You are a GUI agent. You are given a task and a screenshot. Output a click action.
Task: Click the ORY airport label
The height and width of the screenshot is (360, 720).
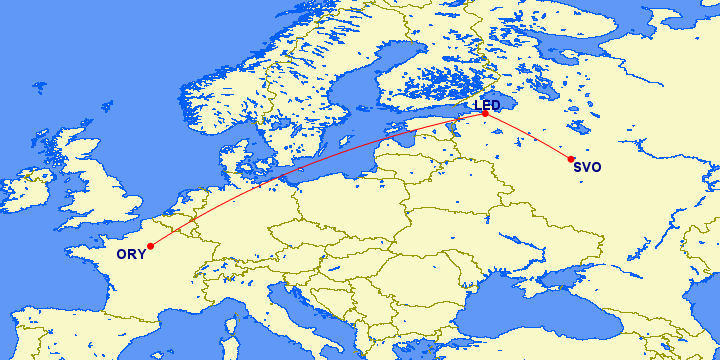tap(131, 255)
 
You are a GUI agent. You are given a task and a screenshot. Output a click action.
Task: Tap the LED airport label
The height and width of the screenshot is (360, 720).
tap(487, 105)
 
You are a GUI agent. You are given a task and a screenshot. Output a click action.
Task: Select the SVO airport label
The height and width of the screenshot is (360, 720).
tap(588, 167)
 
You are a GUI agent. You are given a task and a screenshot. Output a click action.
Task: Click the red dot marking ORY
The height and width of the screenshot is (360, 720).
tap(150, 246)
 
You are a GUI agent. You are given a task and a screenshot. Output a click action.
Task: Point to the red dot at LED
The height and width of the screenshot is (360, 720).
tap(485, 114)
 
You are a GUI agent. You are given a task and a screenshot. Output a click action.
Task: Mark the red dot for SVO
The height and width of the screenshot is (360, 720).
tap(571, 159)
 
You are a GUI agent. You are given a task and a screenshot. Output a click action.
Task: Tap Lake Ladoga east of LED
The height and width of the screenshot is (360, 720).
tap(510, 95)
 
